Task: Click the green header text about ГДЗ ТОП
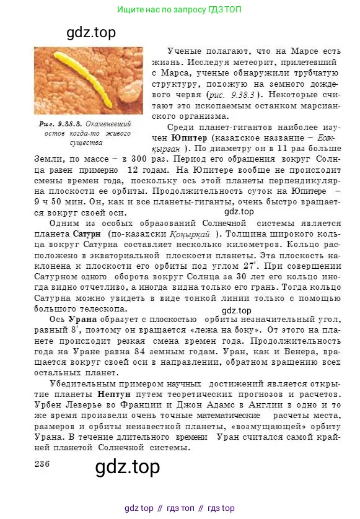tap(180, 10)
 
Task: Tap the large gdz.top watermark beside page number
tap(128, 467)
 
